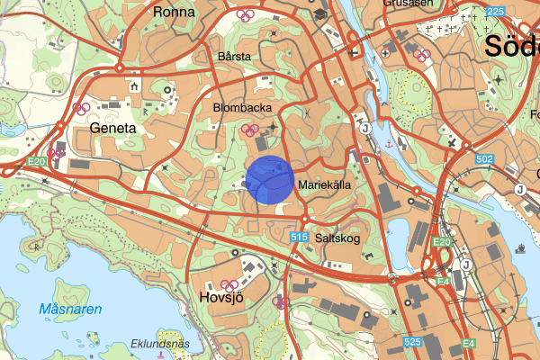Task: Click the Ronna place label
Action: tap(174, 13)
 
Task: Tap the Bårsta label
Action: tap(234, 56)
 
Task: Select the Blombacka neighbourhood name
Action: tap(242, 107)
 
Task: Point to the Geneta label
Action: tap(113, 129)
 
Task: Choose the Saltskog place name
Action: tap(338, 238)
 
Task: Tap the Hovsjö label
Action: tap(220, 297)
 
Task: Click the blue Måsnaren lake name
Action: tap(71, 310)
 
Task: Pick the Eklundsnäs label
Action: tap(160, 343)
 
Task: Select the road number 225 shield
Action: tap(494, 12)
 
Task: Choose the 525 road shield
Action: tap(413, 343)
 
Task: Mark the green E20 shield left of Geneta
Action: tap(36, 161)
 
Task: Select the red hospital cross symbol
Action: tap(386, 52)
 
